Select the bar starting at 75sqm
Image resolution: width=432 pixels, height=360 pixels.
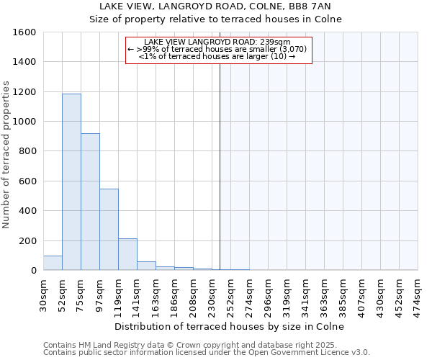click(90, 202)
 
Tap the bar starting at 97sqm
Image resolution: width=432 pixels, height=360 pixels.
click(109, 229)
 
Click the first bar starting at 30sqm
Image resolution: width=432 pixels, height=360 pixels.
click(53, 263)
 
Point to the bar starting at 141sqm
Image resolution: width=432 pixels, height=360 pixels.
click(146, 266)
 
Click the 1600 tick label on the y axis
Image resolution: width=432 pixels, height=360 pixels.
click(25, 32)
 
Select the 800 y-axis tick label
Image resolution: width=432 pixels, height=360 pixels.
click(28, 151)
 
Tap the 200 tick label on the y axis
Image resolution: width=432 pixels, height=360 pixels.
click(28, 240)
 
